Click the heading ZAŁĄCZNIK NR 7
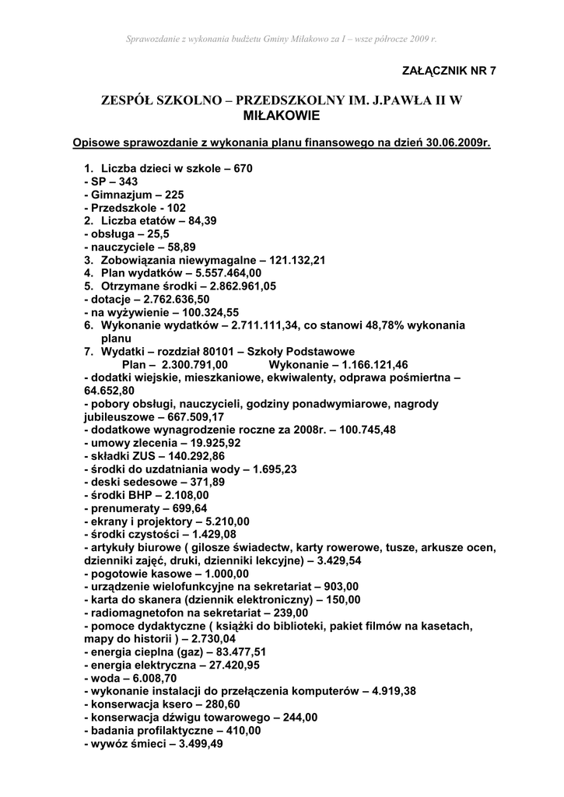point(449,71)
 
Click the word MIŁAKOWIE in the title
point(282,116)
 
